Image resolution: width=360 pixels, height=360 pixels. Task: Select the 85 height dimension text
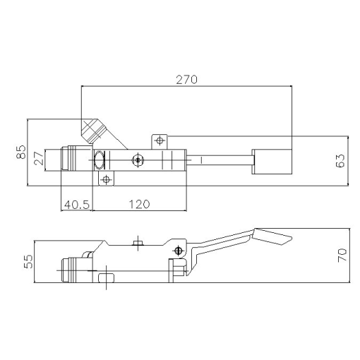coord(20,152)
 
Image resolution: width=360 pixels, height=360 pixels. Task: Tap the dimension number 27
coord(39,160)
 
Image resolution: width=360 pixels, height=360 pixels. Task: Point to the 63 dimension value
coord(340,160)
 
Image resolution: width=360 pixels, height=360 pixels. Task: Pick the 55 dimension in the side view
coord(29,262)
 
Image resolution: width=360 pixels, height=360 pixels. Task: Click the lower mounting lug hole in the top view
coord(106,180)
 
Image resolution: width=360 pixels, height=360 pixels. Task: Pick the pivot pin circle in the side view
coord(179,251)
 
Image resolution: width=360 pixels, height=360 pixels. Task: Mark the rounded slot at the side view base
coord(105,280)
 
